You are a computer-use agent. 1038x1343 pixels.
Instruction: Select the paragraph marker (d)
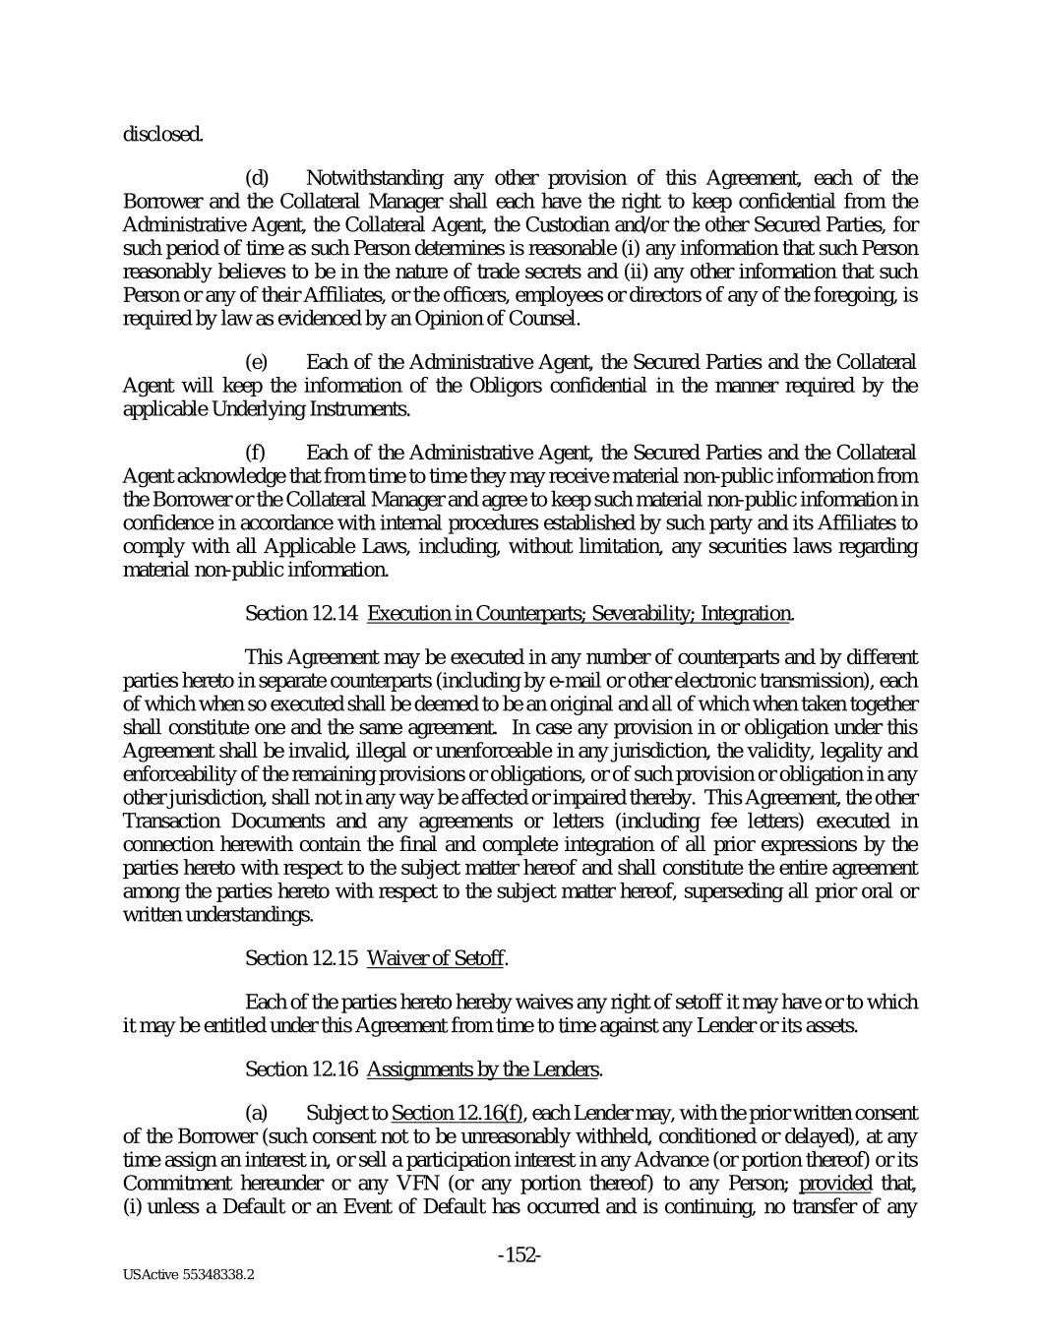pyautogui.click(x=256, y=178)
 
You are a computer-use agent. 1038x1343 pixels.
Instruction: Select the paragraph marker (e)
pyautogui.click(x=256, y=362)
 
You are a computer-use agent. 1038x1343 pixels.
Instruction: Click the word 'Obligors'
pyautogui.click(x=473, y=385)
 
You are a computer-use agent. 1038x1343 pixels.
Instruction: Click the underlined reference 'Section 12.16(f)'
pyautogui.click(x=457, y=1114)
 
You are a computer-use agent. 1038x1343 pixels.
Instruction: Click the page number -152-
pyautogui.click(x=520, y=1255)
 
